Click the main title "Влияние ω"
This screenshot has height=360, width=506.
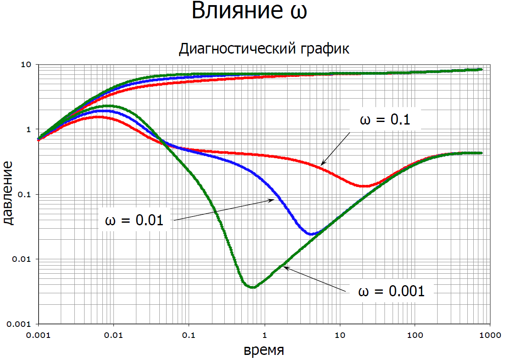(x=249, y=11)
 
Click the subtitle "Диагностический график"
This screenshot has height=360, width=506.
(x=263, y=49)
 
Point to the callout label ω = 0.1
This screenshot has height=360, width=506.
(x=384, y=120)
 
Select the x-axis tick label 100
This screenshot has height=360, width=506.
(x=415, y=335)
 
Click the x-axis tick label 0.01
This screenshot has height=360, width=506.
(x=113, y=335)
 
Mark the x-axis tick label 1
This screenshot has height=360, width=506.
(x=265, y=335)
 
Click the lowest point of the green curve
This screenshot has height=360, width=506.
(x=253, y=287)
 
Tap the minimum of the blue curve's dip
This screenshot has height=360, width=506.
(x=311, y=234)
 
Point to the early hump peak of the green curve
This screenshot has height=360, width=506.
(x=110, y=106)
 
